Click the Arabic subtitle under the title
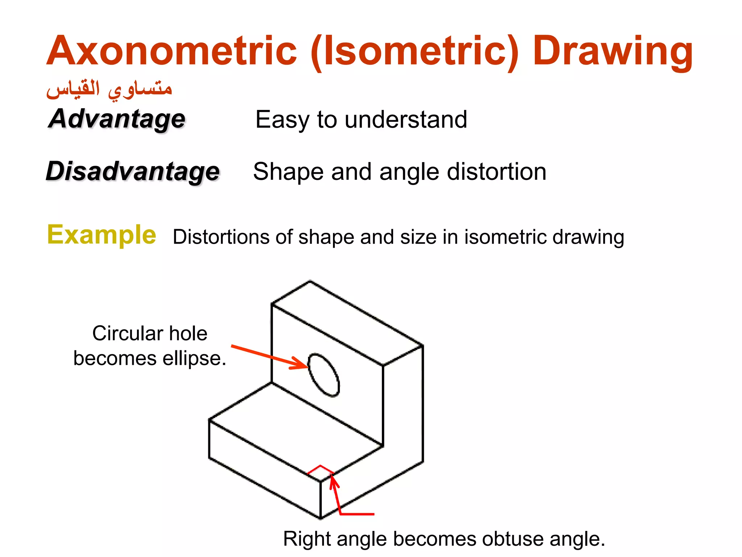(x=109, y=89)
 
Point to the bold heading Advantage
(x=117, y=119)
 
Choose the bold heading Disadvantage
(x=133, y=171)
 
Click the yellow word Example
(x=101, y=235)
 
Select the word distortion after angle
(x=496, y=172)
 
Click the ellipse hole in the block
(x=324, y=375)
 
